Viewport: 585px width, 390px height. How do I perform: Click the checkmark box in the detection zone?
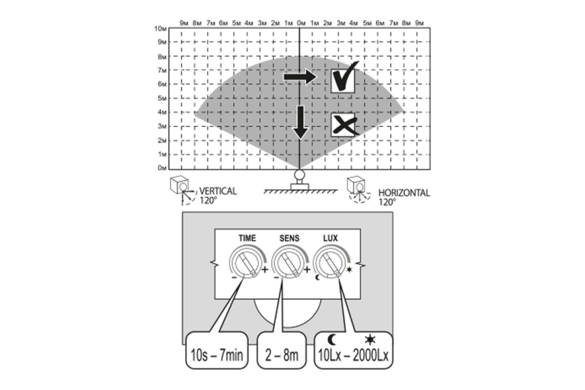[343, 79]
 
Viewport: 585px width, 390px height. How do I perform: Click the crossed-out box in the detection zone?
[343, 125]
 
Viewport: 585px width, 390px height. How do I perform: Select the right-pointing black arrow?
[300, 77]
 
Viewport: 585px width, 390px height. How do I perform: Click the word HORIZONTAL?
[404, 193]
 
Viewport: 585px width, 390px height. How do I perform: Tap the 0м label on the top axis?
[301, 23]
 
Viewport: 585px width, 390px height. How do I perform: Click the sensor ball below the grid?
[299, 174]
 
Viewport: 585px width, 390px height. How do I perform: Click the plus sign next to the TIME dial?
[265, 271]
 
